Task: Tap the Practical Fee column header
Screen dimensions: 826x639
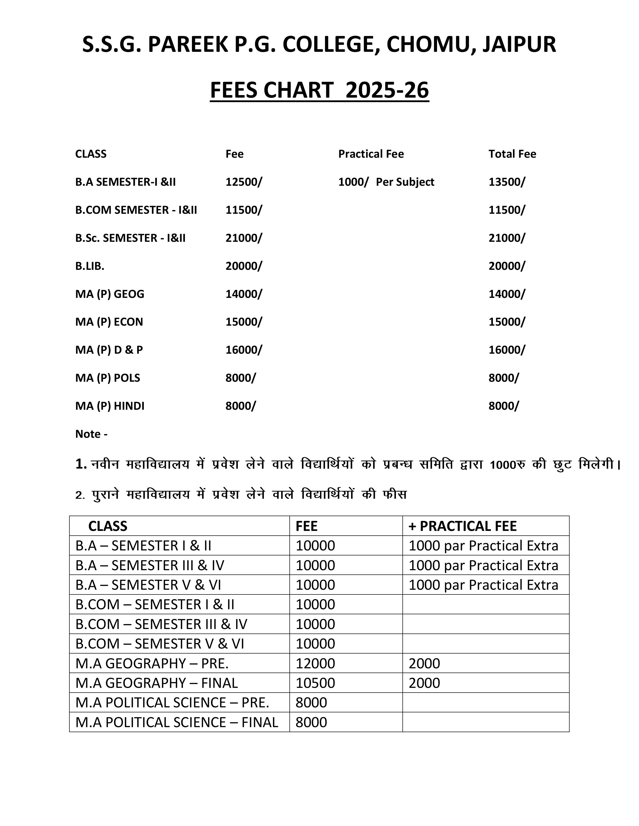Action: coord(371,154)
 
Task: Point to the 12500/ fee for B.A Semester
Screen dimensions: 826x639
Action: coord(243,182)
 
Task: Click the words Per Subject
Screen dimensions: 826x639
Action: coord(405,182)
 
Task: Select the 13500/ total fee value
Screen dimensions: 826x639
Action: coord(506,182)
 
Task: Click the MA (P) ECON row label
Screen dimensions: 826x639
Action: coord(109,322)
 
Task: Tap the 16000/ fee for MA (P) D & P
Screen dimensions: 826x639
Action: coord(243,350)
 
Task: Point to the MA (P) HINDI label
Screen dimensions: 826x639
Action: coord(110,406)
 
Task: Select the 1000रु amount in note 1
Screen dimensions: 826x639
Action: coord(507,464)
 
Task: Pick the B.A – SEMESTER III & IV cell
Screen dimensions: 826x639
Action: coord(150,565)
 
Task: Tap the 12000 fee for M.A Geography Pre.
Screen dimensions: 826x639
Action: coord(315,663)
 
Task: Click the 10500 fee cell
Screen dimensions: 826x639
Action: coord(315,683)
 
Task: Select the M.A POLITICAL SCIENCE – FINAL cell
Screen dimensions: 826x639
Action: coord(176,722)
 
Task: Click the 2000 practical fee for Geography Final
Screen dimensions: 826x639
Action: coord(424,683)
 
